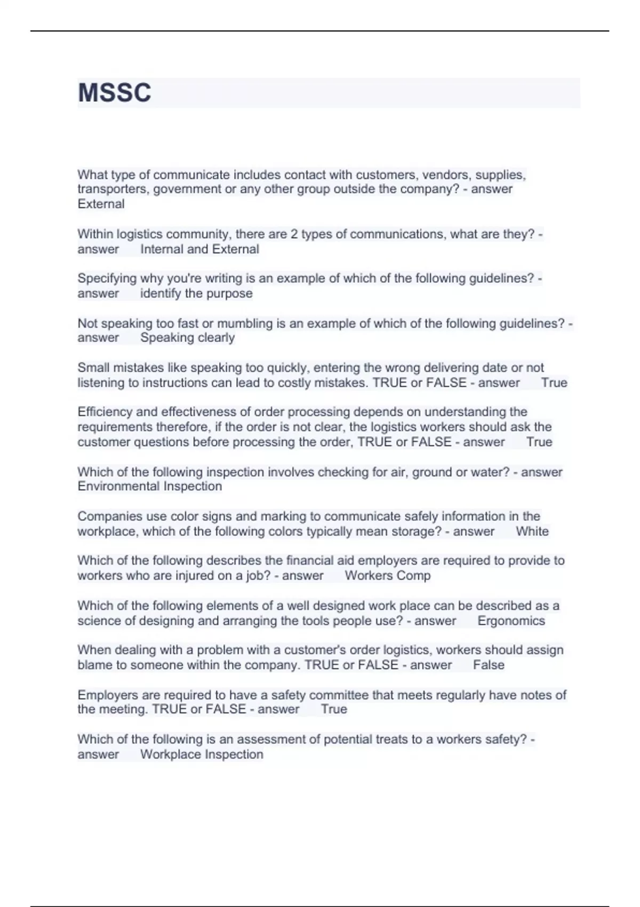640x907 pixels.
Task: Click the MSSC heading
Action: pos(115,93)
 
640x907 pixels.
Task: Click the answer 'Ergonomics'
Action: pos(511,620)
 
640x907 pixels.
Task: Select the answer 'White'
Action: pos(532,531)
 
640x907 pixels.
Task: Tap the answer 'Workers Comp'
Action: pos(387,576)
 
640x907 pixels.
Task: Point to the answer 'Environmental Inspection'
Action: pos(149,487)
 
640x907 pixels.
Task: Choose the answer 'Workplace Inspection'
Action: pos(202,754)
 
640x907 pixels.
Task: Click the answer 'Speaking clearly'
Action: pos(187,338)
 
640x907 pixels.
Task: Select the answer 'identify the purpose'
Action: pos(196,293)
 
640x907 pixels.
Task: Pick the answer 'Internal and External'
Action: pos(199,249)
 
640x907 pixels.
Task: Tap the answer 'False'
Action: pos(488,665)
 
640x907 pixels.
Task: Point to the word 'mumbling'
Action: pos(244,323)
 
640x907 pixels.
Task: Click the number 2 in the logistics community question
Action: pos(294,234)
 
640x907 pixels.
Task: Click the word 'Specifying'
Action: pos(107,279)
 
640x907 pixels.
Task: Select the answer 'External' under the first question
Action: pos(101,204)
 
